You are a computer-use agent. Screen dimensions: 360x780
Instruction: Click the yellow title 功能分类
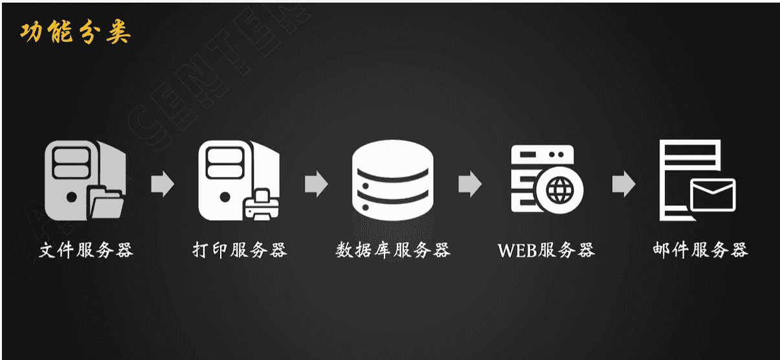[x=75, y=32]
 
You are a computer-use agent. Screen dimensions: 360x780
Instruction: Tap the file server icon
[x=81, y=180]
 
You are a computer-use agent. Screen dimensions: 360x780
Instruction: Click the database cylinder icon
[x=392, y=181]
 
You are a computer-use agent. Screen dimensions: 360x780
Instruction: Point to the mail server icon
[x=696, y=180]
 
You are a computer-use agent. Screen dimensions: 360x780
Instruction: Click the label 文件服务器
[x=86, y=250]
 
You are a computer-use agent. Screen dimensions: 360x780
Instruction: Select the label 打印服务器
[x=240, y=250]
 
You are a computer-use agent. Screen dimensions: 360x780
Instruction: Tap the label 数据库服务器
[x=392, y=250]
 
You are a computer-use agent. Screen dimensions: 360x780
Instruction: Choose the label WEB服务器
[x=546, y=250]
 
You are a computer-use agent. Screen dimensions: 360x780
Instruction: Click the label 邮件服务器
[x=700, y=250]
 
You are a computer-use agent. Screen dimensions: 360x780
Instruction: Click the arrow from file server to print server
[x=162, y=184]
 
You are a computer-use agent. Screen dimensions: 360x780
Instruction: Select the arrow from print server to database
[x=316, y=184]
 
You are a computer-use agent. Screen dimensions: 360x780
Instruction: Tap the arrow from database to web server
[x=469, y=184]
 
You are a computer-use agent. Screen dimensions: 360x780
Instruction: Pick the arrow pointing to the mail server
[x=623, y=184]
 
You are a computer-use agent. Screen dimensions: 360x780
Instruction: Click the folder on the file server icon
[x=106, y=203]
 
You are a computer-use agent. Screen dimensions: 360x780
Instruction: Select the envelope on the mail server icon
[x=713, y=194]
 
